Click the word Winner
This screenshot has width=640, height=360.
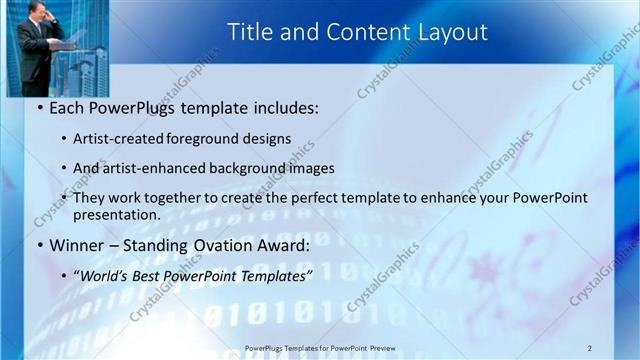click(x=79, y=245)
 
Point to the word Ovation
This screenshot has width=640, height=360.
click(x=227, y=245)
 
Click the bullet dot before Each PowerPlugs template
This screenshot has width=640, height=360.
click(x=38, y=108)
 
